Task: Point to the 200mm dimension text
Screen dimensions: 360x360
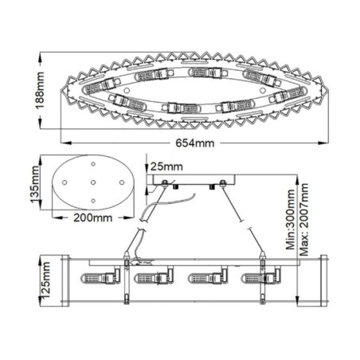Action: tap(93, 216)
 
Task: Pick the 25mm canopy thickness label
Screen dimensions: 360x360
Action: tap(165, 166)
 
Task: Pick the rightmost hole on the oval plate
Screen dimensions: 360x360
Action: tap(121, 183)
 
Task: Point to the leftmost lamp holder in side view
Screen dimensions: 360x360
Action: tap(103, 280)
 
